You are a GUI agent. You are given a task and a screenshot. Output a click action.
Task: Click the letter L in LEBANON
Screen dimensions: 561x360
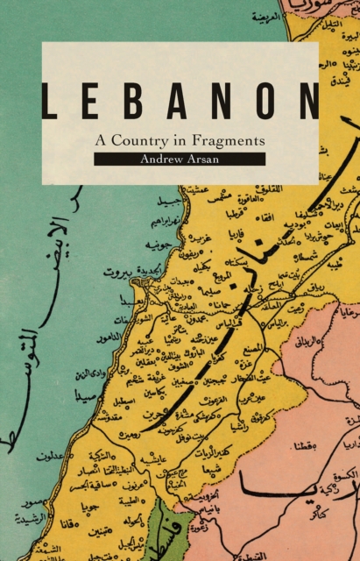click(51, 102)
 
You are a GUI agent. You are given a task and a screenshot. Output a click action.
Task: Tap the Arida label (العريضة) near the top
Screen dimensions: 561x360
click(263, 16)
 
